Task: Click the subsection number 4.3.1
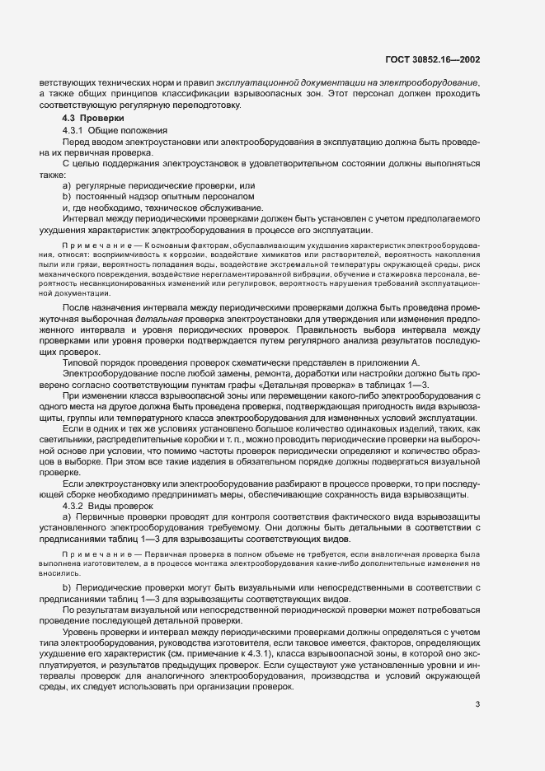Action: pyautogui.click(x=76, y=131)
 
